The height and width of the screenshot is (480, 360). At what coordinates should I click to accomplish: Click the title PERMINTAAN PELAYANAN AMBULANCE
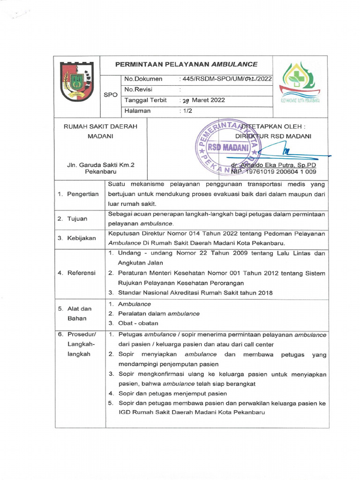click(x=187, y=64)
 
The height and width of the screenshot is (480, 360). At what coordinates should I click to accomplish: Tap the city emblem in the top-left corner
click(x=77, y=83)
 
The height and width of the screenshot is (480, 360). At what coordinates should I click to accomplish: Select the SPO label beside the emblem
click(x=110, y=95)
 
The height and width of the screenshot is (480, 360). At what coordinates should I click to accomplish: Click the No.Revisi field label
click(x=138, y=90)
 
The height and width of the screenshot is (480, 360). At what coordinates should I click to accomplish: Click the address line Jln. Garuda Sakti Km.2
click(x=100, y=165)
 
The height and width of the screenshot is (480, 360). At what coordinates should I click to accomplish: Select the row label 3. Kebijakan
click(x=77, y=238)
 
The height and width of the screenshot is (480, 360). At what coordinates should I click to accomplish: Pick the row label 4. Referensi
click(x=76, y=273)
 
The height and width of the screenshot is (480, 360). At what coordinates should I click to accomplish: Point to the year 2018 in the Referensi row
click(x=263, y=292)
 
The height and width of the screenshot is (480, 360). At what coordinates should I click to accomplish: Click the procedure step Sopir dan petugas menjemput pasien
click(x=172, y=393)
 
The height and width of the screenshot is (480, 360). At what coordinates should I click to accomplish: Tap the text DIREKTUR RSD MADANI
click(x=273, y=136)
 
